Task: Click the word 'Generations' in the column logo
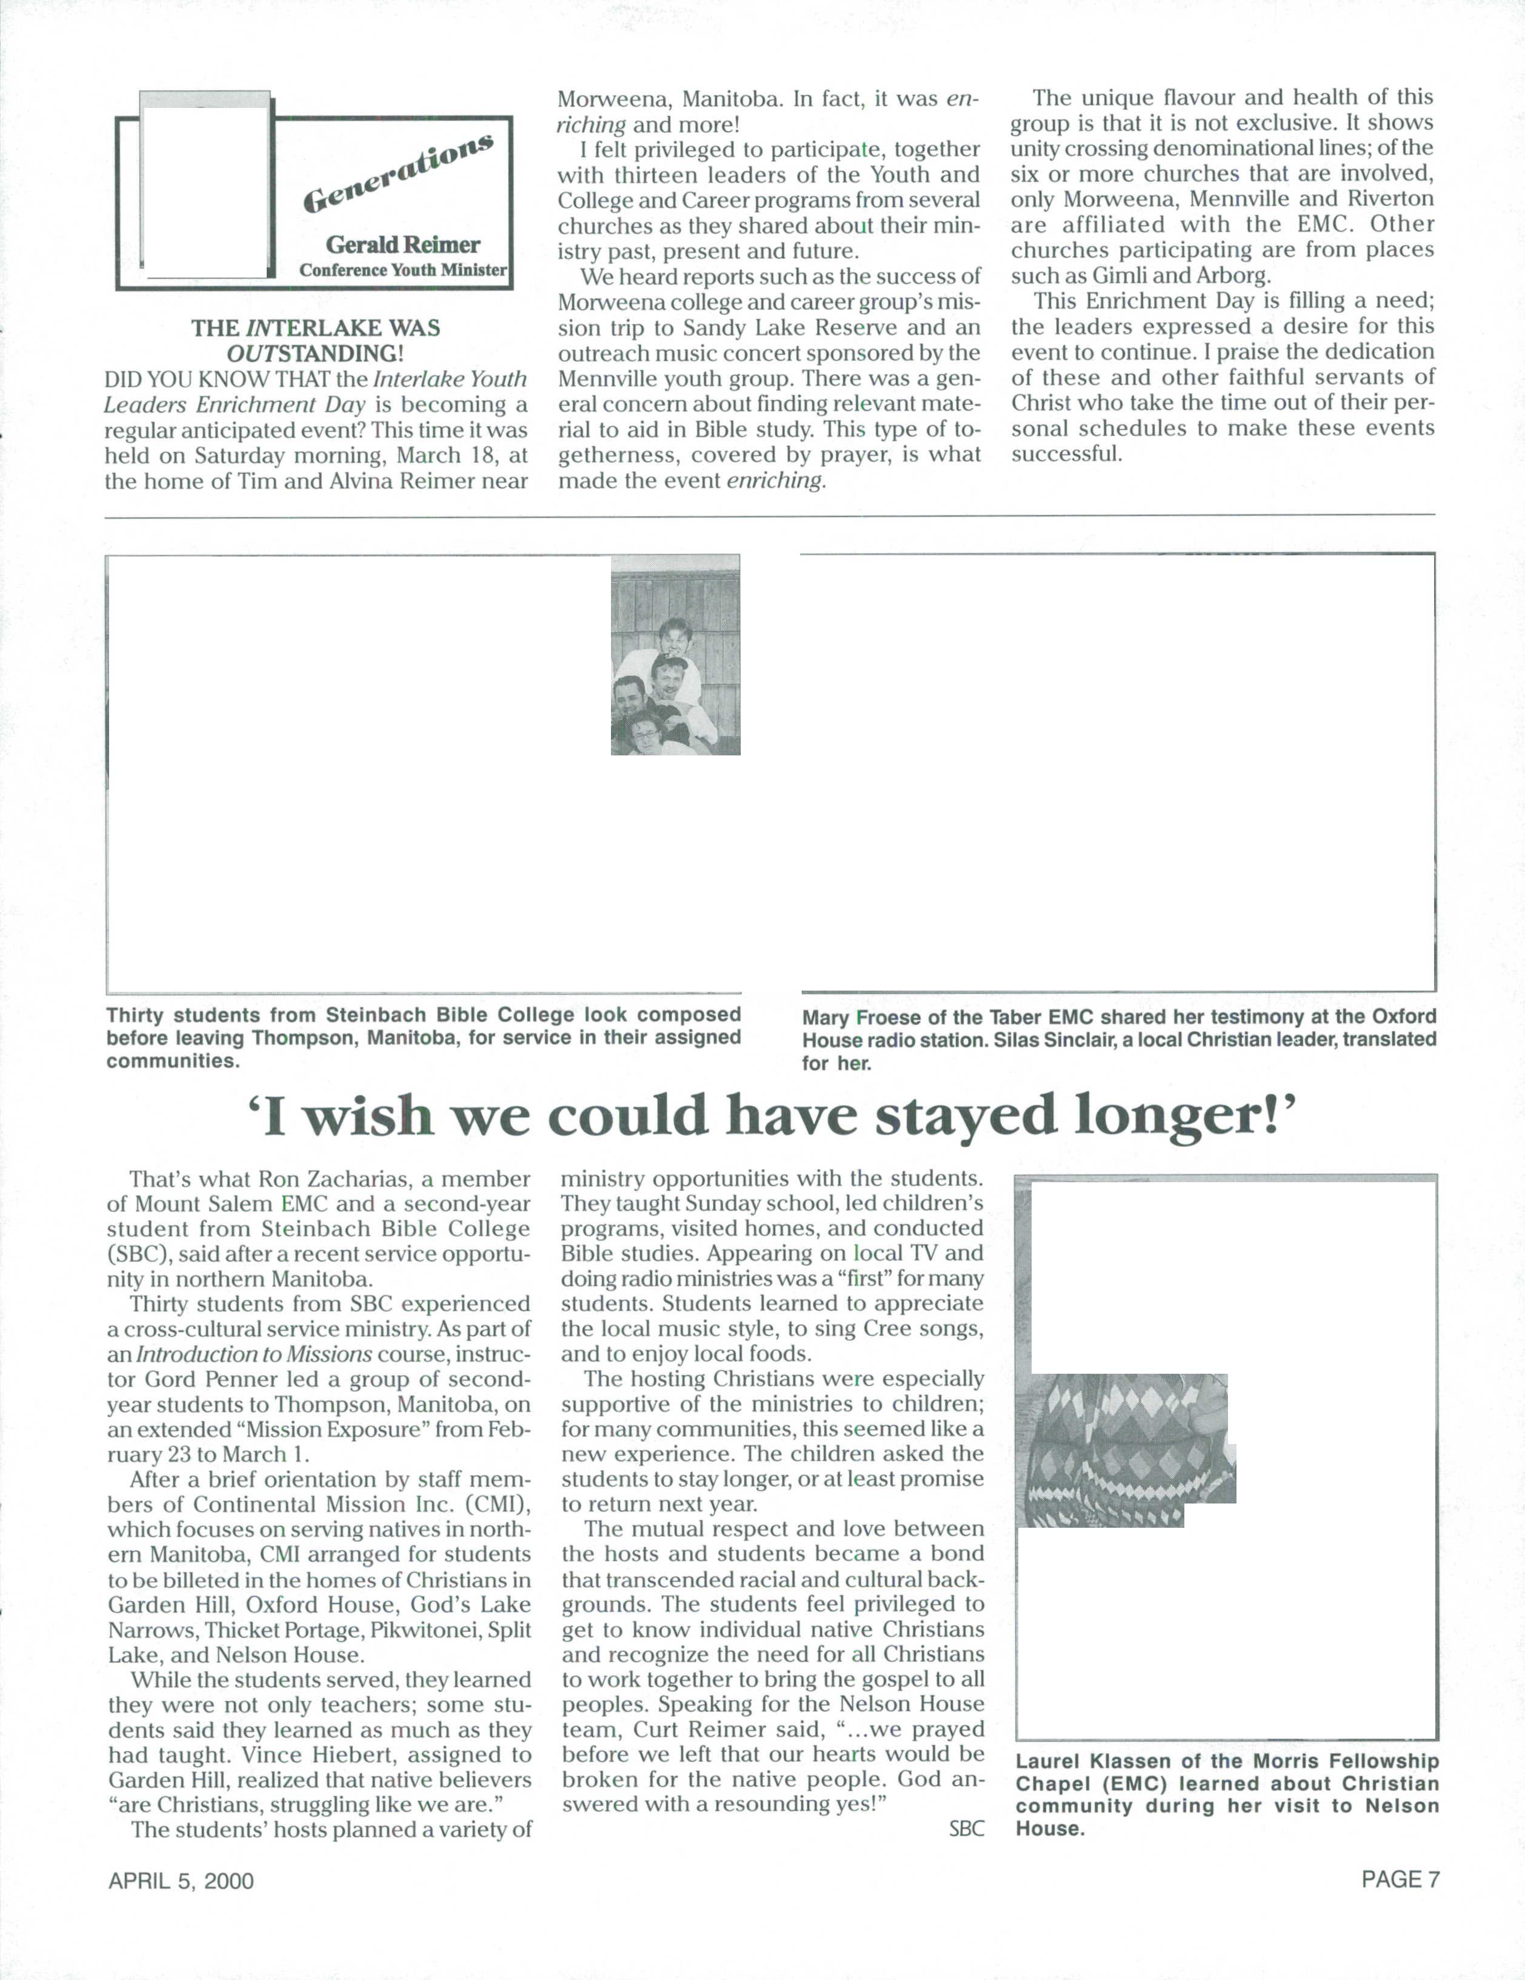[x=398, y=172]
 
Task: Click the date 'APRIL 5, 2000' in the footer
[x=181, y=1881]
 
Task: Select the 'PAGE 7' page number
[x=1400, y=1879]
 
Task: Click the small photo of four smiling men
[x=675, y=655]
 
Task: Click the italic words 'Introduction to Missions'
[x=254, y=1354]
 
